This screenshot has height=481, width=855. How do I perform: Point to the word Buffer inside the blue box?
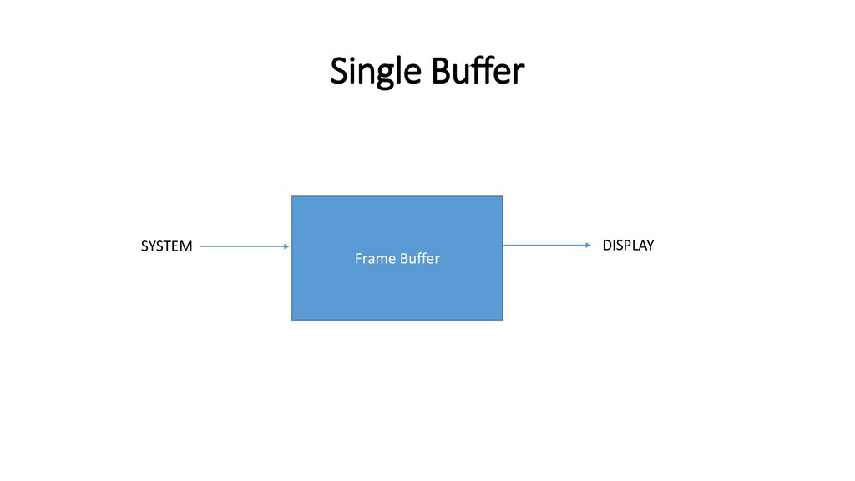click(419, 259)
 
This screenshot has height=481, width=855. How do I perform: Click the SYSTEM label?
click(166, 246)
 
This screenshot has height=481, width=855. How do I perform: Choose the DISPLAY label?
click(628, 246)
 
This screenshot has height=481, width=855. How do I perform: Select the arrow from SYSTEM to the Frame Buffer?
click(244, 246)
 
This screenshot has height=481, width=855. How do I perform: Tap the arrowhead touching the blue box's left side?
click(286, 246)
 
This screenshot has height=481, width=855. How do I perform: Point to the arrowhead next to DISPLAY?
click(588, 245)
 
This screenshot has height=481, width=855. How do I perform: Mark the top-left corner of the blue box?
click(291, 196)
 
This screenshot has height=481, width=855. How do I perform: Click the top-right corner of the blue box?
click(503, 196)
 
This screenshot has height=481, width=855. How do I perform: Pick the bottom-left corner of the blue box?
click(291, 320)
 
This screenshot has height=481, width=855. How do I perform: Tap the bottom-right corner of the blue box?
click(503, 320)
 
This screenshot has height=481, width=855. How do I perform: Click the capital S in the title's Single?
click(339, 72)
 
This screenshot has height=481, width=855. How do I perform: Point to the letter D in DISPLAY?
click(607, 246)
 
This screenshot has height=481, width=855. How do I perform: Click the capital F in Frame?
click(359, 259)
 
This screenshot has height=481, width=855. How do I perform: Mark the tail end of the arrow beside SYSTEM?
click(201, 246)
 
